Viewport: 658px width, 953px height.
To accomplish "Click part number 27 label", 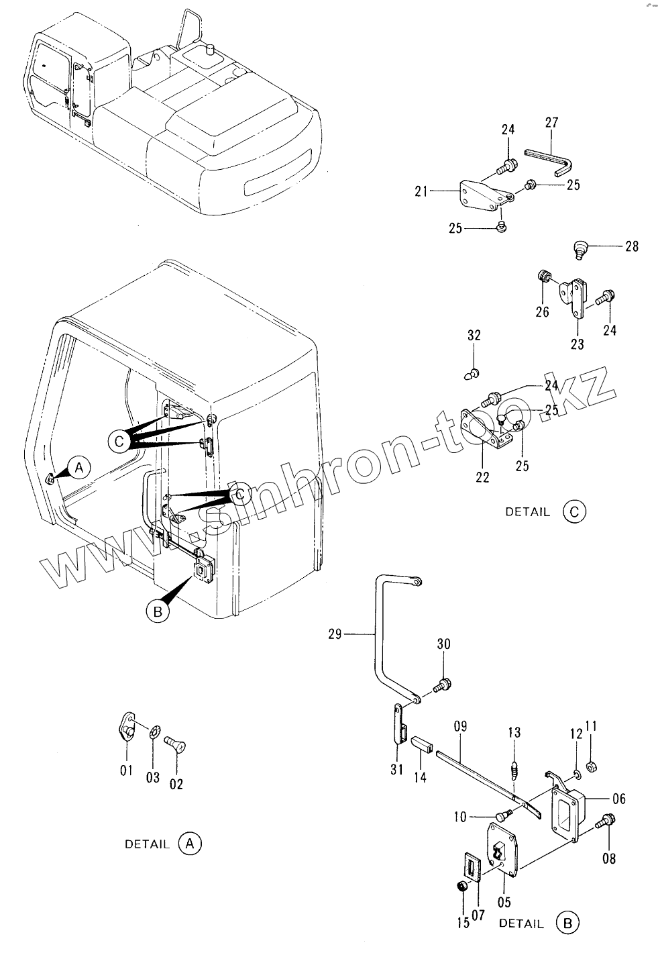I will coord(551,122).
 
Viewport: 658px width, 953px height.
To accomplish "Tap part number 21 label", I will coord(421,192).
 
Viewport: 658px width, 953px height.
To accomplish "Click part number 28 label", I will coord(631,246).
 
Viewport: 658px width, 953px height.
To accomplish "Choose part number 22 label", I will coord(482,478).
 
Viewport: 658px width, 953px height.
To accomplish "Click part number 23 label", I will coord(577,345).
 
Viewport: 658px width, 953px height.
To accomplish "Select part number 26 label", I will coord(542,311).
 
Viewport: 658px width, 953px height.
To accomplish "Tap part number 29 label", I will coord(336,633).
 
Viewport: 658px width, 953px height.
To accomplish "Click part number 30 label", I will coord(443,644).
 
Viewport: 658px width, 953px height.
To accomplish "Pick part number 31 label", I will coord(396,770).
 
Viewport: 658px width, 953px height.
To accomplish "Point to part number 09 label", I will coord(460,726).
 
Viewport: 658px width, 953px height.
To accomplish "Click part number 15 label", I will coord(463,923).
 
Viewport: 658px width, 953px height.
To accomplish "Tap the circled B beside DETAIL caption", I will coord(567,923).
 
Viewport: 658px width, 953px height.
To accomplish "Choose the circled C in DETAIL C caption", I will coord(575,511).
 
